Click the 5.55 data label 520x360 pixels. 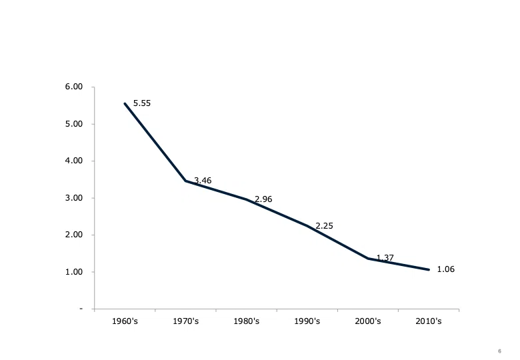(142, 103)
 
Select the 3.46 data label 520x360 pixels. (203, 181)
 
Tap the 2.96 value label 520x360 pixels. (263, 199)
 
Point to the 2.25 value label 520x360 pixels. (325, 226)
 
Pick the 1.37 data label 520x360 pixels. (385, 258)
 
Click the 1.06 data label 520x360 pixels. (446, 269)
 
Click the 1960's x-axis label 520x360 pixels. (125, 321)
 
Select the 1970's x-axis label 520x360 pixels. (186, 321)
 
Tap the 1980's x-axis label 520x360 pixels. (247, 321)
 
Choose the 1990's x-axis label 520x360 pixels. (307, 321)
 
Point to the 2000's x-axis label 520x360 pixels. (368, 321)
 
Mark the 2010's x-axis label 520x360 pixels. (429, 321)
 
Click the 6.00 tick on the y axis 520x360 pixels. (73, 87)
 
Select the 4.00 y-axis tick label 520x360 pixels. (73, 161)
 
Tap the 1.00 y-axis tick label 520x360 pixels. (73, 272)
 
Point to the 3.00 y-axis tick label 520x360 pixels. (73, 198)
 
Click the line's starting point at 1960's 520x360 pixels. (125, 104)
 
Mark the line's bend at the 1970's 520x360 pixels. (186, 181)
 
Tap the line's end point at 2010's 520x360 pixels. (429, 270)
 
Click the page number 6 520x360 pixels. (500, 351)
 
